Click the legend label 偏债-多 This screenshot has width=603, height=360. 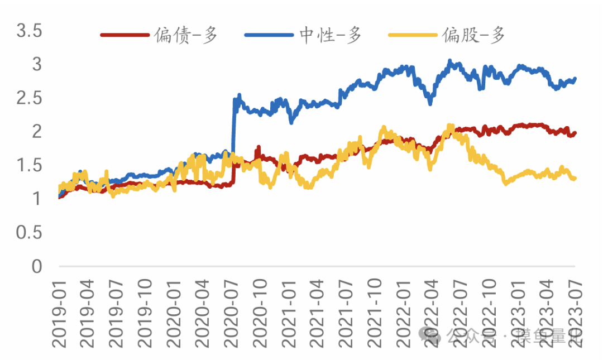pos(188,35)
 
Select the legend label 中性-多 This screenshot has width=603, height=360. pos(331,35)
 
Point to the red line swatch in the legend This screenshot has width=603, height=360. pos(125,35)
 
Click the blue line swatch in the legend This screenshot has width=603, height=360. pos(269,35)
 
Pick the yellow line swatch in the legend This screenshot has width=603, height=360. pos(411,35)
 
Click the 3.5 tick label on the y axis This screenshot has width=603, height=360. pos(30,31)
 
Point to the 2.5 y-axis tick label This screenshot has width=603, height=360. pos(30,98)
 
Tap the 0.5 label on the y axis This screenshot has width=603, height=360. pos(30,233)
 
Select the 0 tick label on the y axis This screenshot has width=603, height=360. pos(37,267)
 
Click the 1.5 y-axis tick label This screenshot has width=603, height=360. pos(30,166)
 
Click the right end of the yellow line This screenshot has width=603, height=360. pos(575,178)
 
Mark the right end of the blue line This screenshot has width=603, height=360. pos(575,79)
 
